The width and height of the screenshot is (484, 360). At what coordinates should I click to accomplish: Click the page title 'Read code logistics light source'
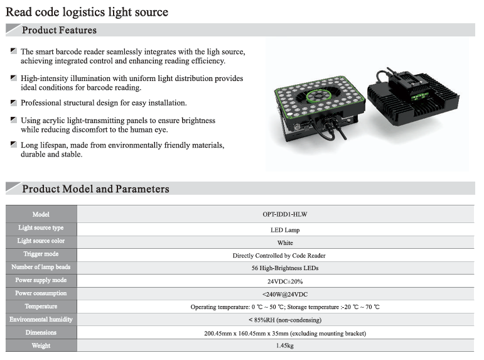pos(87,13)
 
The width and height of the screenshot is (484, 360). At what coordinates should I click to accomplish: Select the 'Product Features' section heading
pos(59,30)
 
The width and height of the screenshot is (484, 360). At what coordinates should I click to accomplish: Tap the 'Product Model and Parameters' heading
pos(95,189)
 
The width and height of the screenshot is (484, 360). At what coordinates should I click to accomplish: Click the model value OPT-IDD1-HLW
pos(285,214)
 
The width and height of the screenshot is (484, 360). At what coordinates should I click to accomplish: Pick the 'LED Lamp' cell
pos(285,230)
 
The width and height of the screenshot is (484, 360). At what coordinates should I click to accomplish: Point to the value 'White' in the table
pos(285,243)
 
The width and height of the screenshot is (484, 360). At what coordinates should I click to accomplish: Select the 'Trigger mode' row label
pos(41,254)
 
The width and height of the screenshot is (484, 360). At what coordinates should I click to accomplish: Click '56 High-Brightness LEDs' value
pos(285,268)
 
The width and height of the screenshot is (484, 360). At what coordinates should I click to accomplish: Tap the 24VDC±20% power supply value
pos(285,281)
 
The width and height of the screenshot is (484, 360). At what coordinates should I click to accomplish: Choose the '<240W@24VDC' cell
pos(285,295)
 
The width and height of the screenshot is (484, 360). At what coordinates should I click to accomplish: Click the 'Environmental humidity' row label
pos(41,320)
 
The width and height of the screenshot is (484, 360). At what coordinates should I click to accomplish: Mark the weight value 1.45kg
pos(285,346)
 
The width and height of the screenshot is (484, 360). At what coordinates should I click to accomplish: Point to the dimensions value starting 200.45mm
pos(285,334)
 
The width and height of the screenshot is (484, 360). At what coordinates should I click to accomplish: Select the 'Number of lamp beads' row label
pos(41,267)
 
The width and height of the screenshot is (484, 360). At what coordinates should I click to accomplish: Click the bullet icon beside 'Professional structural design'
pos(14,102)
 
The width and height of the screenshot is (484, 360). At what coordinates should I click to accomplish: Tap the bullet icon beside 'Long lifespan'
pos(14,145)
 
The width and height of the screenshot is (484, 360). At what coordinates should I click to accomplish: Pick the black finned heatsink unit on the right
pos(413,97)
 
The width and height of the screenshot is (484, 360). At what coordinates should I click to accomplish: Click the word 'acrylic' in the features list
pos(53,121)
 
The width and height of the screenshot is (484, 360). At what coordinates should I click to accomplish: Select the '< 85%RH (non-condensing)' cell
pos(285,320)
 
